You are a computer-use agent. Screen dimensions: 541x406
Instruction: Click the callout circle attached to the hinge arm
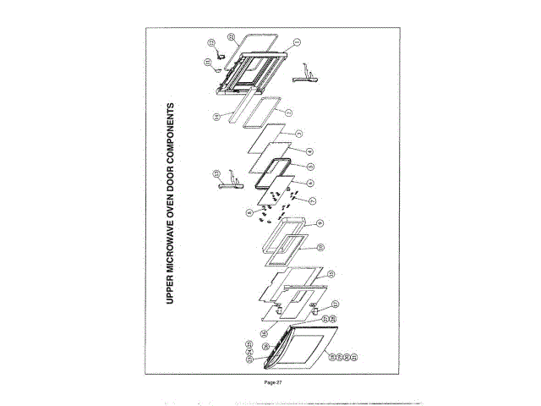coord(216,173)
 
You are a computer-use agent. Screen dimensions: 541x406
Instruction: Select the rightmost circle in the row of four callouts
coord(355,358)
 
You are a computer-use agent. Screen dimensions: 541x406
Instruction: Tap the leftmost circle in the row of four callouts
coord(332,358)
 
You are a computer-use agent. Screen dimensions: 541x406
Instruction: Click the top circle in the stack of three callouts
coord(249,343)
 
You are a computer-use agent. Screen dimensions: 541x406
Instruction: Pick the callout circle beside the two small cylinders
coord(335,304)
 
